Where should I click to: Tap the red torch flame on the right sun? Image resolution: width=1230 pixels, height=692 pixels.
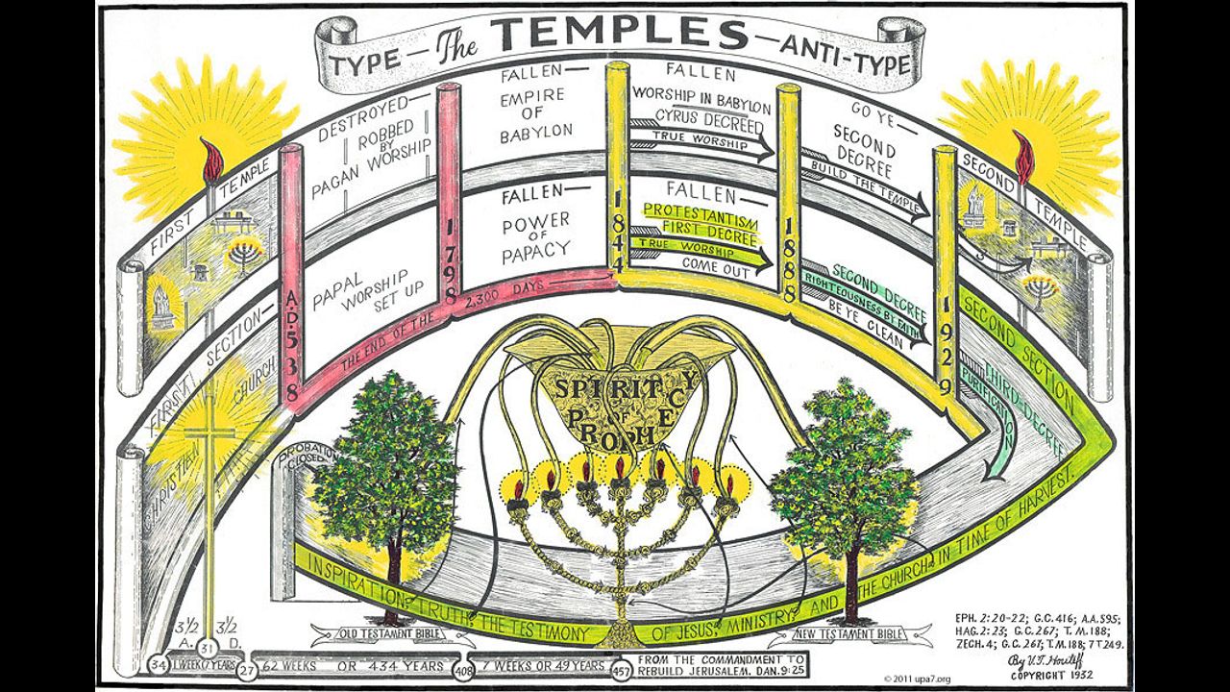tap(1023, 157)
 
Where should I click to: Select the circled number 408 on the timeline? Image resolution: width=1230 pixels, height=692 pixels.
tap(463, 665)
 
